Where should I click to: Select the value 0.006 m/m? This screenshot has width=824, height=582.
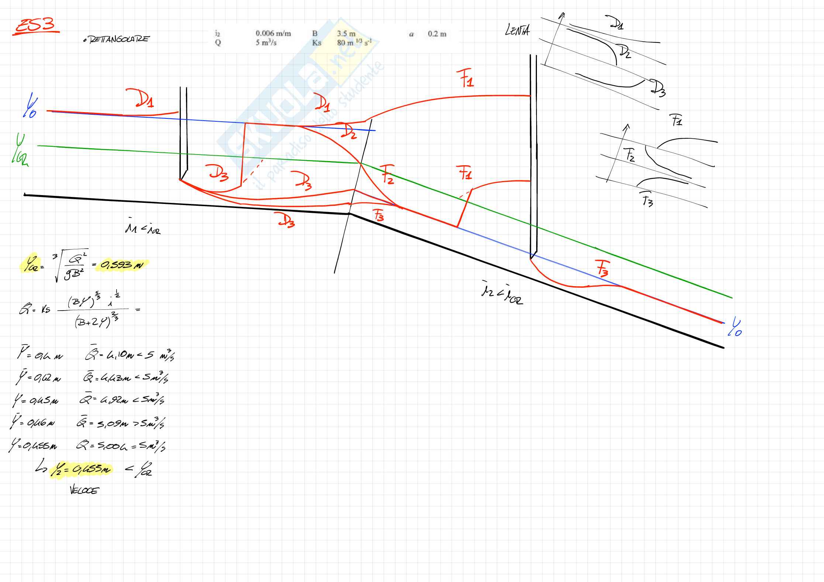point(273,34)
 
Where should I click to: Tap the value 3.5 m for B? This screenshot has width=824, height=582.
point(346,34)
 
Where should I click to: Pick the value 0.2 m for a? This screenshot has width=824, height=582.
point(437,34)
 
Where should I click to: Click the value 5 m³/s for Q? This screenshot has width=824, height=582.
point(266,42)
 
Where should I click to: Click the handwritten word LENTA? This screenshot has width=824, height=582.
point(517,30)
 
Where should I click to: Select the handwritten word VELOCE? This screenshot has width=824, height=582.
point(84,491)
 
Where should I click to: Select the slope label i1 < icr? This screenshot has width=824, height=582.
point(142,229)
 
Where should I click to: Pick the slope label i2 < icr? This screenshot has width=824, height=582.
point(502,297)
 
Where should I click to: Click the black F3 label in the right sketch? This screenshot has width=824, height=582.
point(647,200)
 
